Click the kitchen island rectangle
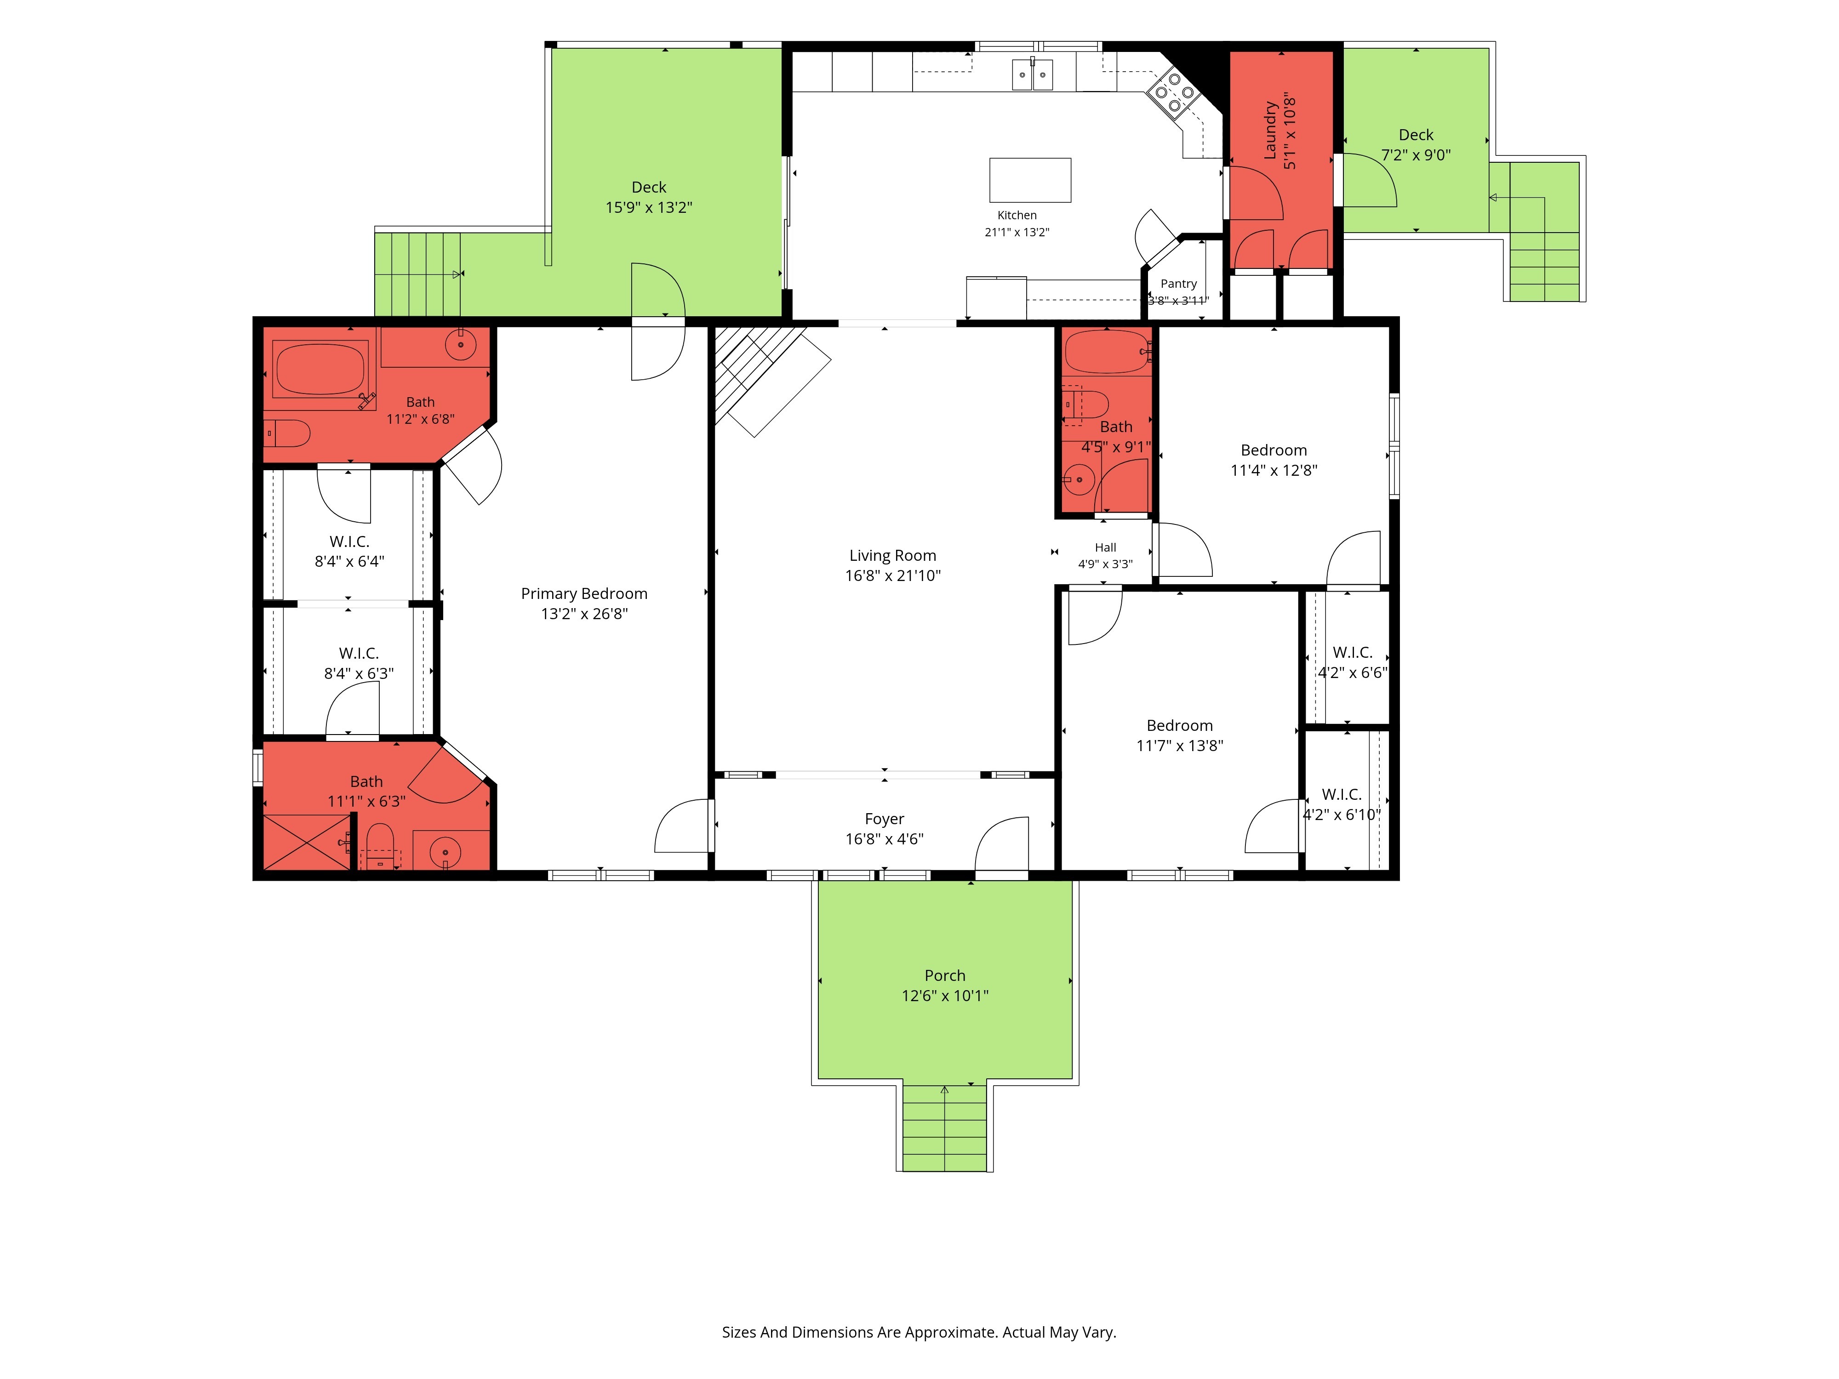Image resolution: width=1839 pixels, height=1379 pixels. tap(1030, 180)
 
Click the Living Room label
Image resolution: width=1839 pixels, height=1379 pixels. tap(893, 555)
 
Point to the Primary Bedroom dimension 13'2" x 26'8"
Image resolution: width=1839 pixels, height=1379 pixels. tap(584, 614)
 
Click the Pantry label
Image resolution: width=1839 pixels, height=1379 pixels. tap(1179, 284)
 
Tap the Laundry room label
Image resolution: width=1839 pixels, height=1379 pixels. tap(1270, 131)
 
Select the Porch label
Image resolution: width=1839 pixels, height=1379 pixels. tap(945, 975)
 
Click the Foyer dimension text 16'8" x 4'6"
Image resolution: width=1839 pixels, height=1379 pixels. tap(885, 839)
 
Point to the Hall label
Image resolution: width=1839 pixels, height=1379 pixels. tap(1106, 547)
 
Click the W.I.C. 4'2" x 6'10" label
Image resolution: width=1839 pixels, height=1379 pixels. tap(1342, 804)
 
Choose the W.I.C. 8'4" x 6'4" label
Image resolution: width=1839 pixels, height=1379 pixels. tap(349, 551)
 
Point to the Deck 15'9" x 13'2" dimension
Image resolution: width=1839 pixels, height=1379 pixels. tap(649, 207)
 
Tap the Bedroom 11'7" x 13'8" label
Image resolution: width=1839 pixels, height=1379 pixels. tap(1180, 735)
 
